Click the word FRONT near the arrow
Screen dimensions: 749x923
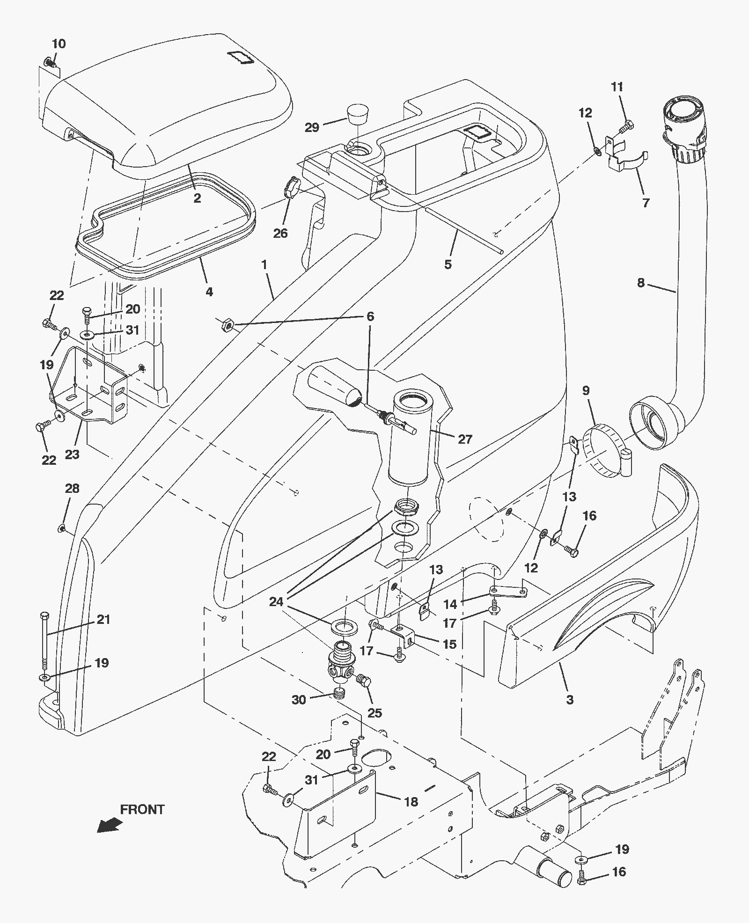coord(142,809)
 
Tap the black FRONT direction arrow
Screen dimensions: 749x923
coord(110,825)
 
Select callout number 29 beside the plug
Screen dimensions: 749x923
coord(312,127)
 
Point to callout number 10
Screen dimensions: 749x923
coord(59,44)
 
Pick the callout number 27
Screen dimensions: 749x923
coord(465,439)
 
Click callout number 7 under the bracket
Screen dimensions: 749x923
coord(646,203)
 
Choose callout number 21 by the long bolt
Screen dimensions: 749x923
coord(103,619)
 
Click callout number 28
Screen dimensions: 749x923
coord(72,488)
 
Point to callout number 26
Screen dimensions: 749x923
coord(280,233)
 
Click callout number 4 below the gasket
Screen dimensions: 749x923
coord(209,292)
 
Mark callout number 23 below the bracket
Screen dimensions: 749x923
coord(72,454)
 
